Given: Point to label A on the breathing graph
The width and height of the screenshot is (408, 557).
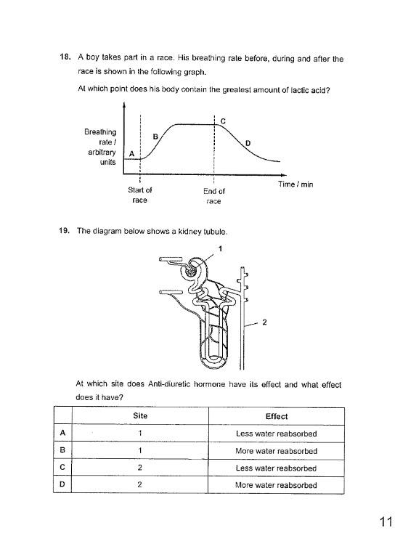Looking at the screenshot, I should coord(131,154).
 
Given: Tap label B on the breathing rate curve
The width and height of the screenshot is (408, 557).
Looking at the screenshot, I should coord(155,136).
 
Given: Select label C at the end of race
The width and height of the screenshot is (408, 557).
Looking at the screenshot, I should coord(222,121).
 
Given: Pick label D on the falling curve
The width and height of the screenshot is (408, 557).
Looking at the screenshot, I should coord(248,142).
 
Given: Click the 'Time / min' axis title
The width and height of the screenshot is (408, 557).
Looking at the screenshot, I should coord(295,185).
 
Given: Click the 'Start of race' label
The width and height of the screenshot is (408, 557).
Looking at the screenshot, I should coord(139,195).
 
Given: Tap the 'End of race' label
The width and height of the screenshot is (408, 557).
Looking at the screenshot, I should coord(213,196).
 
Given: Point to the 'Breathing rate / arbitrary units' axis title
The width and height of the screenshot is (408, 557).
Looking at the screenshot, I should coord(101,147).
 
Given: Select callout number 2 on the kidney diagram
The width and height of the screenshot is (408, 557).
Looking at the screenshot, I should coord(264,324).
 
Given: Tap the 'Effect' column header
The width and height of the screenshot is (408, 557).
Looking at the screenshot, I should coord(277,416).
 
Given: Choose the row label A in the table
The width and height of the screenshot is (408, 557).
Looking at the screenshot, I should coord(64,434).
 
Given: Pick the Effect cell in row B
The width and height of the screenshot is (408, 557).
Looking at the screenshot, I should coord(277,451).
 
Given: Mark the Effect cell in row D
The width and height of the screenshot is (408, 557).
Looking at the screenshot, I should coord(277,485).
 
